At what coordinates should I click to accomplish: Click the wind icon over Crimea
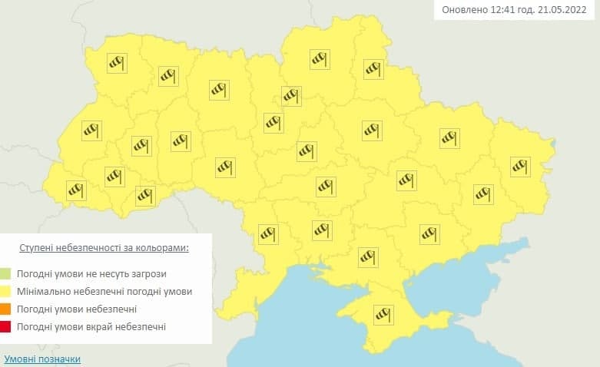pyautogui.click(x=382, y=314)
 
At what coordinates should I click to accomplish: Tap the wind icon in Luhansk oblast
pyautogui.click(x=520, y=164)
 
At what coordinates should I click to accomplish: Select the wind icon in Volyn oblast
pyautogui.click(x=116, y=63)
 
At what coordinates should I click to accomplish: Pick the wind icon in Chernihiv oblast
pyautogui.click(x=320, y=59)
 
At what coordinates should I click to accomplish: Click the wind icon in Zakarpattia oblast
pyautogui.click(x=75, y=189)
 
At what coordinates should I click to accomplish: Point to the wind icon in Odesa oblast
pyautogui.click(x=268, y=233)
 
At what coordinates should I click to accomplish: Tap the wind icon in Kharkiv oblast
pyautogui.click(x=449, y=138)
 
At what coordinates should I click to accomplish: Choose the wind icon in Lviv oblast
pyautogui.click(x=91, y=131)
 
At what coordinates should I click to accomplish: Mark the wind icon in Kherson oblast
pyautogui.click(x=369, y=256)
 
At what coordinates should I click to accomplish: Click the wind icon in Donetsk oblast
pyautogui.click(x=483, y=193)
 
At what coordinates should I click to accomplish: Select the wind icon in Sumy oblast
pyautogui.click(x=373, y=69)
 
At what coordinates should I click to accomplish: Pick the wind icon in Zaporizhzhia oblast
pyautogui.click(x=429, y=233)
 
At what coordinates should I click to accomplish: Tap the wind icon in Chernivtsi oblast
pyautogui.click(x=145, y=196)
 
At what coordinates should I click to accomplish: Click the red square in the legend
pyautogui.click(x=6, y=328)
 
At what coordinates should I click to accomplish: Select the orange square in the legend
pyautogui.click(x=6, y=309)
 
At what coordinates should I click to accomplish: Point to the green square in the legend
pyautogui.click(x=6, y=273)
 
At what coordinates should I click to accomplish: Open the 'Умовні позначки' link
pyautogui.click(x=42, y=359)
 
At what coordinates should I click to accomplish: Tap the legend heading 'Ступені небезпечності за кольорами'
pyautogui.click(x=104, y=250)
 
